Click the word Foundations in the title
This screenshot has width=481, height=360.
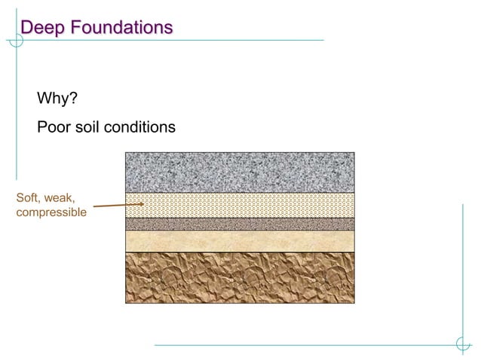click(120, 28)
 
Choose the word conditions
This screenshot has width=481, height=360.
click(141, 127)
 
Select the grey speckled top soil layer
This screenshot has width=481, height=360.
click(239, 172)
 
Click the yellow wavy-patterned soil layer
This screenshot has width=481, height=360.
click(239, 205)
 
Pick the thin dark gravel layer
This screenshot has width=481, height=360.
click(239, 224)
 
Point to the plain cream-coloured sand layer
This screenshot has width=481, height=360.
click(239, 241)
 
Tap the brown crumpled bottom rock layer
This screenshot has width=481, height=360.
click(239, 277)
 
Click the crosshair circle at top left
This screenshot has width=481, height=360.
click(16, 40)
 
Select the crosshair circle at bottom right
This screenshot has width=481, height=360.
click(463, 345)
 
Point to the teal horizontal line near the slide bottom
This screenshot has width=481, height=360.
click(302, 345)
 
